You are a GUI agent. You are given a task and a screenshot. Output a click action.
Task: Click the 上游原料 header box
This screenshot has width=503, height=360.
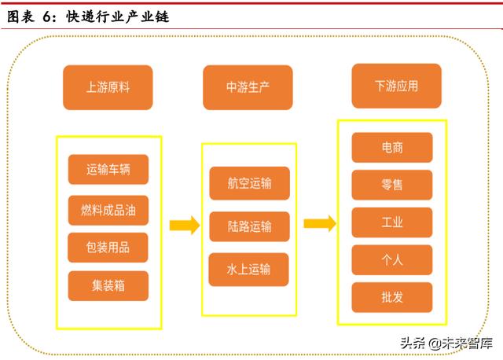[x=108, y=87]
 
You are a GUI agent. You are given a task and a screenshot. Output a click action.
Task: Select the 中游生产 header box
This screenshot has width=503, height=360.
[x=248, y=87]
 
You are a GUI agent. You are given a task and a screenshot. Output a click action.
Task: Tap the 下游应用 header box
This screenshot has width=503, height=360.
[x=396, y=86]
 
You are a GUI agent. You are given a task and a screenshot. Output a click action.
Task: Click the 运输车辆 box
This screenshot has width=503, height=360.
[x=108, y=170]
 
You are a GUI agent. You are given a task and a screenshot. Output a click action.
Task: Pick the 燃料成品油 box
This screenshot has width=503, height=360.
[x=108, y=211]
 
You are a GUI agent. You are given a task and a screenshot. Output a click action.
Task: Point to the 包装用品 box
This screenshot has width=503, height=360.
[x=108, y=248]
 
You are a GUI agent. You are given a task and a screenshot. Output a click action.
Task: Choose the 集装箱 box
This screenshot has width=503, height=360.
[x=108, y=286]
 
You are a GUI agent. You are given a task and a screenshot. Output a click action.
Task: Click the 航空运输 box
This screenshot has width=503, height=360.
[x=250, y=183]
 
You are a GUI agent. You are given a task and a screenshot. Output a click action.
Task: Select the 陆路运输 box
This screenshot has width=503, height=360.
[x=250, y=226]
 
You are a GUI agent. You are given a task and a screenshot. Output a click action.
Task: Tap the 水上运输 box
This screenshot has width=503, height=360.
[x=248, y=269]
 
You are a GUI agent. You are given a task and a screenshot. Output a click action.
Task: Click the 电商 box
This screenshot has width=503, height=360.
[x=392, y=148]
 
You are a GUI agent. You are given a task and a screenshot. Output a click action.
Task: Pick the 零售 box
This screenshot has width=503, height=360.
[x=392, y=185]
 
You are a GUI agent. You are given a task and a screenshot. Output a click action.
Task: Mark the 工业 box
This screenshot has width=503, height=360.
[x=392, y=222]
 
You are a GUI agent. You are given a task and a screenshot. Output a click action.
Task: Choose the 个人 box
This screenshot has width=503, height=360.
[x=392, y=260]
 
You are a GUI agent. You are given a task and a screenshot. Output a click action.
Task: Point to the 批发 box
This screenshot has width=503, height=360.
[x=392, y=297]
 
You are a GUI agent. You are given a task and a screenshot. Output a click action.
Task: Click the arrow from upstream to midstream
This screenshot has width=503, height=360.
[x=185, y=226]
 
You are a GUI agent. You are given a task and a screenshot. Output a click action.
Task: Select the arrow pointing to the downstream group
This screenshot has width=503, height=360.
[x=320, y=223]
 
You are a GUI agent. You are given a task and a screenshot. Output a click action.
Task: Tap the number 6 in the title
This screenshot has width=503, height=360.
[x=46, y=17]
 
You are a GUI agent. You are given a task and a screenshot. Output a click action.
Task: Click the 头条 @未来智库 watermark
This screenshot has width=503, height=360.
[x=446, y=343]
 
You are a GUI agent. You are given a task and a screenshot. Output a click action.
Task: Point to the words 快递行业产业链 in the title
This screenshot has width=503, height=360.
[x=118, y=17]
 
